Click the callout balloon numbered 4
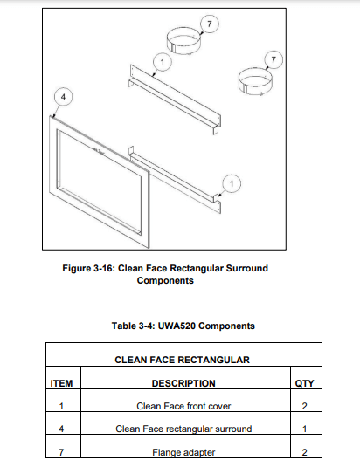pos(63,97)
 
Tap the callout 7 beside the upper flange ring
pos(210,24)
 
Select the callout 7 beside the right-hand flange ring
pos(273,59)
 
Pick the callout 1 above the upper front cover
pos(163,62)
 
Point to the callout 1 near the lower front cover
pos(232,183)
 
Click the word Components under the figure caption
pos(165,280)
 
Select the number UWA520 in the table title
pos(177,326)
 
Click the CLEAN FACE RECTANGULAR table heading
pos(182,360)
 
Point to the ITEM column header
pos(61,383)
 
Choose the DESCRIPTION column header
pos(183,383)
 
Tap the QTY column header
pos(304,383)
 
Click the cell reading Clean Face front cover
pos(183,406)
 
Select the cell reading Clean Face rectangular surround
pos(183,429)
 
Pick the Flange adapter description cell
pos(183,452)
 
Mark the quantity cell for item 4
pos(304,429)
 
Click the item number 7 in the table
pos(61,452)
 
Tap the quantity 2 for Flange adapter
pos(304,452)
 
